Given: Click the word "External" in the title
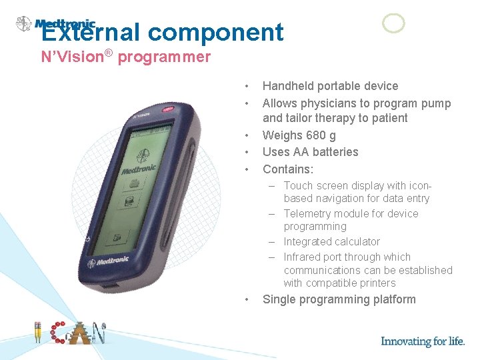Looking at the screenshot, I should coord(90,32).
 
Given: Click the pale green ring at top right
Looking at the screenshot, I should coord(393,23).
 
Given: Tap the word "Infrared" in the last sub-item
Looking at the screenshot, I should coord(305,257).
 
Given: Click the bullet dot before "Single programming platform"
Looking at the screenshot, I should coord(247,300).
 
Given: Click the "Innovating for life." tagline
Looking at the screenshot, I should coord(423,341).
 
